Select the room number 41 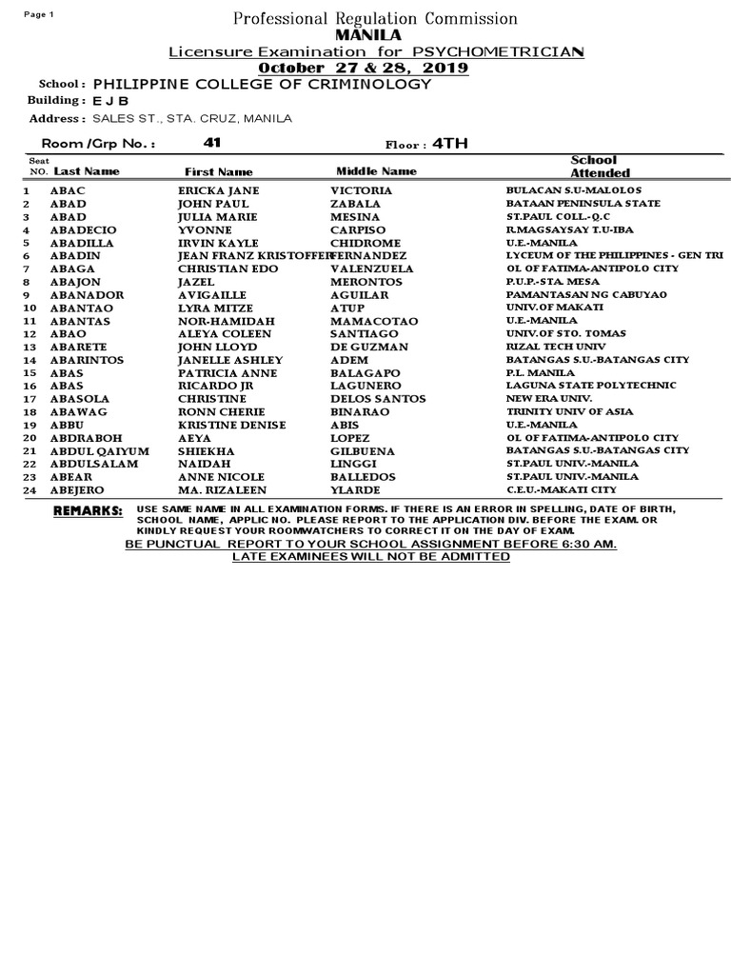tap(211, 143)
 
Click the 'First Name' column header tap(218, 171)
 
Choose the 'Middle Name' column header tap(376, 171)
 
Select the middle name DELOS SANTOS tap(378, 399)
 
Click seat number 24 tap(29, 490)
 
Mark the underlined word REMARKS tap(89, 511)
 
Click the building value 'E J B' tap(110, 101)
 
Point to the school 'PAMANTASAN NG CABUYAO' tap(573, 295)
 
